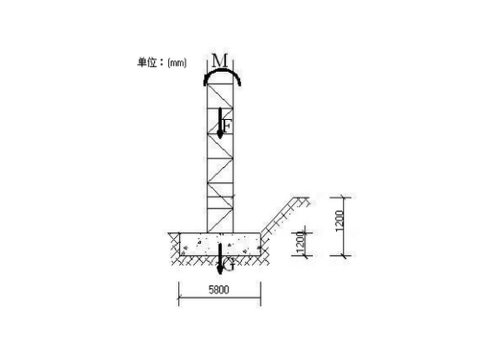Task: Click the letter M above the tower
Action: tap(220, 61)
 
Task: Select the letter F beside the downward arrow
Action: tap(227, 126)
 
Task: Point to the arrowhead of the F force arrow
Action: tap(220, 135)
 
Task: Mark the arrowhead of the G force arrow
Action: tap(220, 270)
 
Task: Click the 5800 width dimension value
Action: tap(219, 290)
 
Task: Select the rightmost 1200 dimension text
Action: tap(340, 221)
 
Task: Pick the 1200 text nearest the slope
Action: tap(301, 243)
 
